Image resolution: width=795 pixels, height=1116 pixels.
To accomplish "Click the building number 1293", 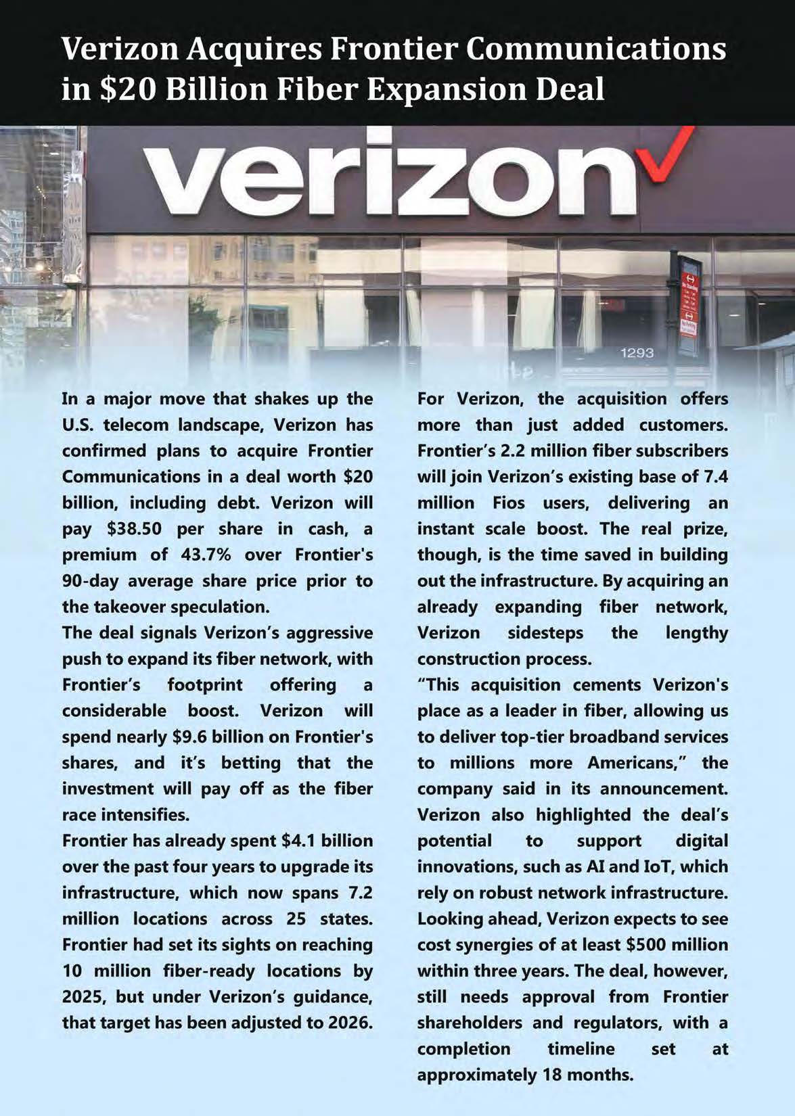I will pyautogui.click(x=637, y=353).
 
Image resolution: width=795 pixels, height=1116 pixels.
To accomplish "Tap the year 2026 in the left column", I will pyautogui.click(x=350, y=1022).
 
